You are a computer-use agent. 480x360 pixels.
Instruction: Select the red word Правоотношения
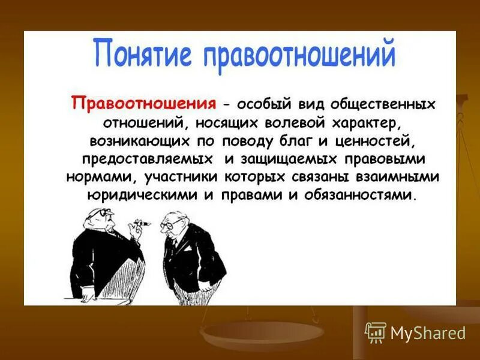tap(143, 102)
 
